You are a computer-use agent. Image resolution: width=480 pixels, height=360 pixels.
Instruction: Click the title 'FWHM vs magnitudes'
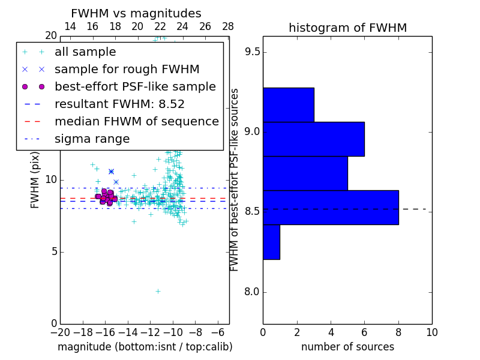pos(136,13)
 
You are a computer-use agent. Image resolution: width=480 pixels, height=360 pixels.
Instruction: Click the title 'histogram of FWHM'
pos(347,28)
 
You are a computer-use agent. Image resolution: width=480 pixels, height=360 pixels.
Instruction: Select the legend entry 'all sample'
pos(85,52)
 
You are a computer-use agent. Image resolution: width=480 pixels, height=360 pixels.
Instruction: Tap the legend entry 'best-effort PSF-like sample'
pos(135,86)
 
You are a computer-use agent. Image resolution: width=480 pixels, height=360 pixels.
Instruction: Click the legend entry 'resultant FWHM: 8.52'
pos(119,104)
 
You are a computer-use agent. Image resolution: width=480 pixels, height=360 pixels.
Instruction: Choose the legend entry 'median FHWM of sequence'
pos(136,121)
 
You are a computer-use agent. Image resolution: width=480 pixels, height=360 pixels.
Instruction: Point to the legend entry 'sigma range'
pos(92,139)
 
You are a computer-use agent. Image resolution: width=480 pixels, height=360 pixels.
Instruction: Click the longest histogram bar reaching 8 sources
pos(331,207)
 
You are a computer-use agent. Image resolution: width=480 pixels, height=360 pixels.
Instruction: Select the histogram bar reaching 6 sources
pos(313,139)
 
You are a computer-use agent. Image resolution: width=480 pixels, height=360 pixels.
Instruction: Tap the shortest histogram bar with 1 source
pos(271,242)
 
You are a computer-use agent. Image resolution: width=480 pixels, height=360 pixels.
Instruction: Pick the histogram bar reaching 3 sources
pos(288,104)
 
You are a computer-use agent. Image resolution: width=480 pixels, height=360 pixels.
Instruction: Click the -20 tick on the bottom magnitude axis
pos(60,332)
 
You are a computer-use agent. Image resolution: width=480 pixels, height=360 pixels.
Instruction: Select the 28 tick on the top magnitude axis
pos(228,26)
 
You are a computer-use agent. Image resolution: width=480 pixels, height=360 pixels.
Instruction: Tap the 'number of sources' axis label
pos(347,347)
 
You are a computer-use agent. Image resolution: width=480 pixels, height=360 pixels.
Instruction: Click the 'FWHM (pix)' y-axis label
pos(35,179)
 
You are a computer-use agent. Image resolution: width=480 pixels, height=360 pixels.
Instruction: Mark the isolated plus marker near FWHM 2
pos(158,291)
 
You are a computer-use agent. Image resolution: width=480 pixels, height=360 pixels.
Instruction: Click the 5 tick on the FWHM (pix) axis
pos(53,251)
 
